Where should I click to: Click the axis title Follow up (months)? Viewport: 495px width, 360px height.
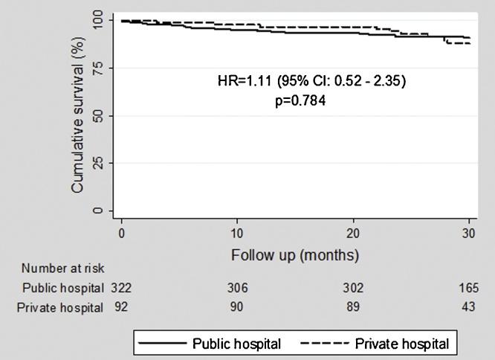(295, 254)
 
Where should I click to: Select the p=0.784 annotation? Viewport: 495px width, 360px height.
(300, 100)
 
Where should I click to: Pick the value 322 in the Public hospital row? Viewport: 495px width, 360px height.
(121, 287)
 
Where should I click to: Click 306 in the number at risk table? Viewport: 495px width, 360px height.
(238, 287)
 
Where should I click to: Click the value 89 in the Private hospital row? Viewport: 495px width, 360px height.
(354, 306)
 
